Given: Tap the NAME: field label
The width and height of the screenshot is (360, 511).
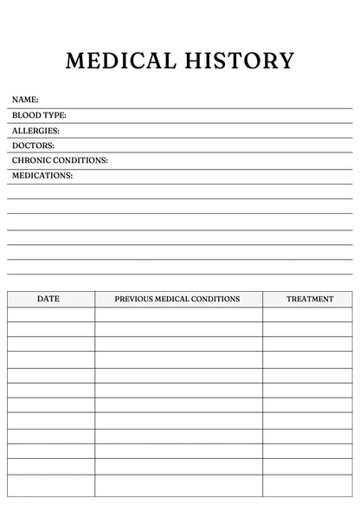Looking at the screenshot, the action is [25, 100].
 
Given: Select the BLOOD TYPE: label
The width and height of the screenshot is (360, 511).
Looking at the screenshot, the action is [39, 115].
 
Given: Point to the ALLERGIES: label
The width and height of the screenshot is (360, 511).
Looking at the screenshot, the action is [35, 131].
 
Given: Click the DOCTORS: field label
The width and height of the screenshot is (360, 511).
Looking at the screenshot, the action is [33, 146].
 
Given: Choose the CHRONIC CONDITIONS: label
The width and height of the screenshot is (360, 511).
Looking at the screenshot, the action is [60, 160].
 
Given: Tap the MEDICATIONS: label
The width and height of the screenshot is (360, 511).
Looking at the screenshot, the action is [42, 176].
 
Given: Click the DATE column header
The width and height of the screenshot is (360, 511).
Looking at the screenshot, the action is [48, 299].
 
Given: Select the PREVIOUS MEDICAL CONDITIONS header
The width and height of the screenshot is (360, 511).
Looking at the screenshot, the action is [177, 299].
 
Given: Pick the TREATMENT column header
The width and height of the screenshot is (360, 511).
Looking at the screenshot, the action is [310, 299].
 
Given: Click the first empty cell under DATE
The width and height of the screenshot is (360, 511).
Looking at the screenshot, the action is [51, 314].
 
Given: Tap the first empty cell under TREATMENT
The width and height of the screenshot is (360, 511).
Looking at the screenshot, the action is [307, 314].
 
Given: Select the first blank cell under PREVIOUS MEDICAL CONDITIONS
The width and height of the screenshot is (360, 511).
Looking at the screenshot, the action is [178, 314].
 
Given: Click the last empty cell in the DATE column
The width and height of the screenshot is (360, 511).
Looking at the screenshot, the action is [51, 485].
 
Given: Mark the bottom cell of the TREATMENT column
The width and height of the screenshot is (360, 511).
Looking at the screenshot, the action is [307, 485].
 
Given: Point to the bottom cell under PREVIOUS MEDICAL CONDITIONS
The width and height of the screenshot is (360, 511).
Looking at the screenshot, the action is [178, 485].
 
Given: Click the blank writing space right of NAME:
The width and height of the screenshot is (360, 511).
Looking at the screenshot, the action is [190, 100].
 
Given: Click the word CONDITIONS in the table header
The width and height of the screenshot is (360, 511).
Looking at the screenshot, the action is [216, 299].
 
